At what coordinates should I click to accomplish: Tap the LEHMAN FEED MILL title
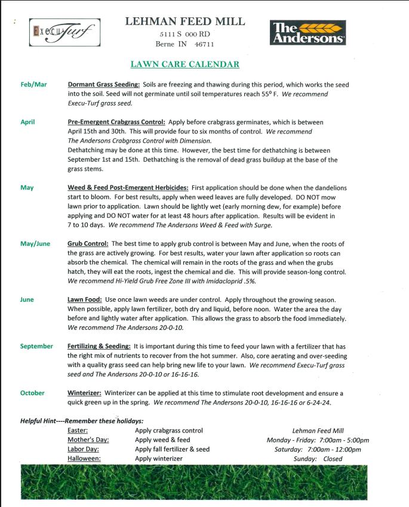tap(185, 21)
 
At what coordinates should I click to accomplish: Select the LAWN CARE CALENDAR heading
tap(184, 64)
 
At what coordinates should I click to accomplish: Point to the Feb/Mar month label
tap(33, 84)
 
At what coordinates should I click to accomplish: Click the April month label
tap(27, 122)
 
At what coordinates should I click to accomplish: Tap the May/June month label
tap(35, 243)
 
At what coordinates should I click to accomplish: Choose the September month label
tap(36, 346)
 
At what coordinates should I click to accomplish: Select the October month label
tap(32, 393)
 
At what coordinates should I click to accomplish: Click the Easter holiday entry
tap(78, 430)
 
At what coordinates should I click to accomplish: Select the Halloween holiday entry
tap(84, 459)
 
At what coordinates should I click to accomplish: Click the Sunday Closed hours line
tap(316, 459)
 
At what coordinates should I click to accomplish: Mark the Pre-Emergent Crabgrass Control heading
tap(116, 122)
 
